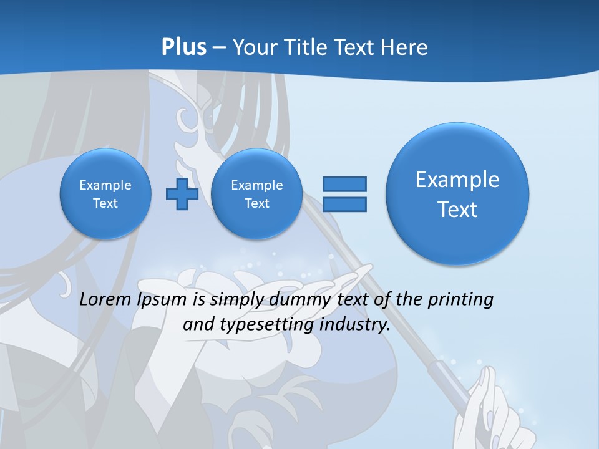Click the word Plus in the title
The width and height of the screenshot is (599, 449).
(183, 47)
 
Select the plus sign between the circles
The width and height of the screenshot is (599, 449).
(182, 194)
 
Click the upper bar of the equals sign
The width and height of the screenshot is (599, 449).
(344, 184)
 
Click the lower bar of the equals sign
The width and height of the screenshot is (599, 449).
(344, 204)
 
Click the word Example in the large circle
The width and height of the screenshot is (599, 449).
(457, 180)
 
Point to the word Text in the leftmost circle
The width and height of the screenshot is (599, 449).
(105, 203)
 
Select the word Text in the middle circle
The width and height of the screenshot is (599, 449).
(256, 203)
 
